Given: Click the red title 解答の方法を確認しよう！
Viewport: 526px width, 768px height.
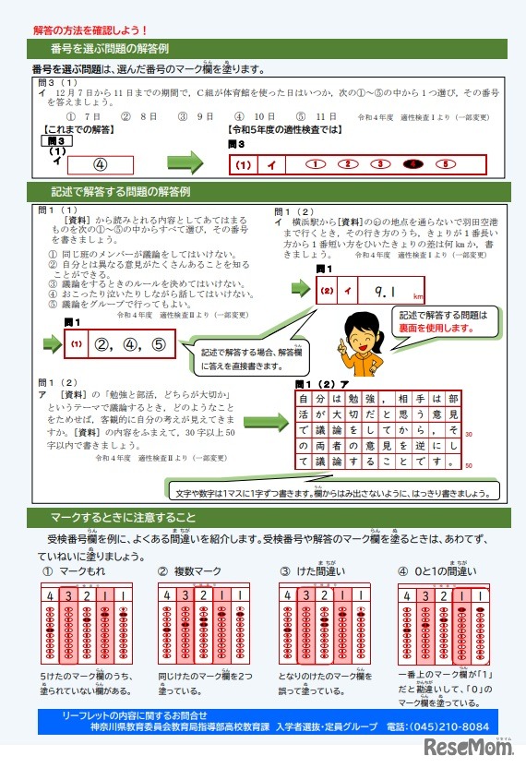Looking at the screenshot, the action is (x=90, y=30).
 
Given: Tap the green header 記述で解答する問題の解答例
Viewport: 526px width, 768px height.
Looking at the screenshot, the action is (x=120, y=192).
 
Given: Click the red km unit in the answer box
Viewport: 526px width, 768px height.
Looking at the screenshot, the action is (x=417, y=298).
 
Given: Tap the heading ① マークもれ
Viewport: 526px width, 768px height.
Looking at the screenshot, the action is (x=75, y=572).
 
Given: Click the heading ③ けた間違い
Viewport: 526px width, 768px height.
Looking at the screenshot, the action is (x=313, y=572).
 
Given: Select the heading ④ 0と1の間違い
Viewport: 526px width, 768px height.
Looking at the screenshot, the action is (x=437, y=572).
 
